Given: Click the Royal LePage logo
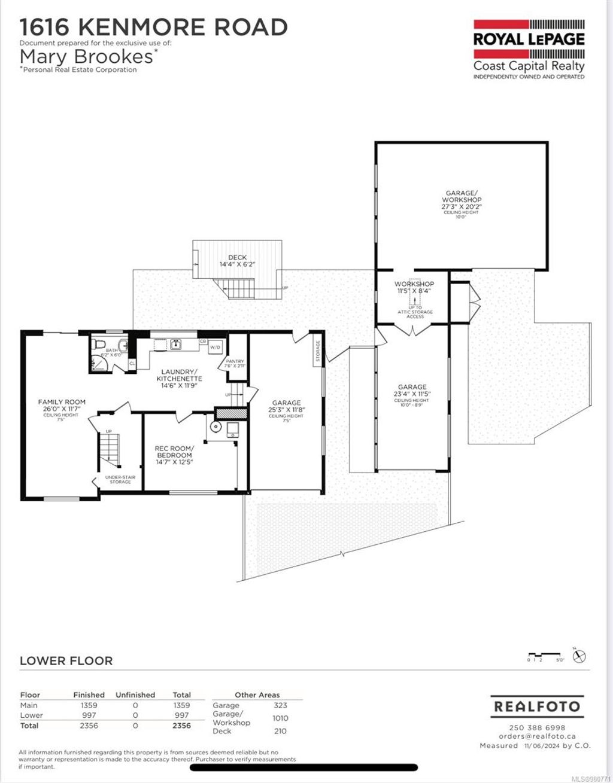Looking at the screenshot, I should point(529,49).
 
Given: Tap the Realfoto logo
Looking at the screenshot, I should point(536,706).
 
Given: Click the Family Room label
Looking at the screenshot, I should point(62,402).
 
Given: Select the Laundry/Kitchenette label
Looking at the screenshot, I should point(179,375).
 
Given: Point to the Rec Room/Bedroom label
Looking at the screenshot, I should point(174,452).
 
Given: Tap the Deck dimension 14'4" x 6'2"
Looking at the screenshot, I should point(236,264).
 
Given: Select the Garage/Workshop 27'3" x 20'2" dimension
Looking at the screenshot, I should point(462,206).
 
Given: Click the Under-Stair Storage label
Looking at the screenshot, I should point(120,479).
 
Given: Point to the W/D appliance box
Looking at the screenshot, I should point(215,346).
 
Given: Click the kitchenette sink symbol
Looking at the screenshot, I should point(175,344).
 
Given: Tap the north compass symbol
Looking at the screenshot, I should point(579,656).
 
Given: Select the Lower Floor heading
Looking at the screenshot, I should point(66,661).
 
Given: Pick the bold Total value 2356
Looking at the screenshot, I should point(181,726).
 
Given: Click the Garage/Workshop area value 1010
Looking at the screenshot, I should point(280,718).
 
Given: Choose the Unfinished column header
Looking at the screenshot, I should point(135,695).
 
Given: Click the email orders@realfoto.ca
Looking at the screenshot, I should point(537,736).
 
